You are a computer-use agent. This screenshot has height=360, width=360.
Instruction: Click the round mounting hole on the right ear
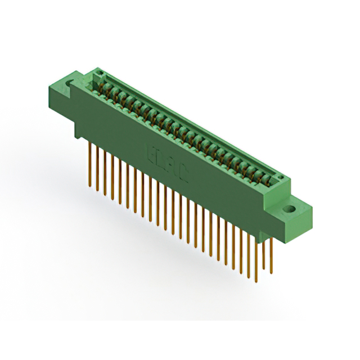(x=290, y=209)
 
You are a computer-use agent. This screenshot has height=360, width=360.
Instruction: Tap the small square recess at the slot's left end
(x=97, y=75)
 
